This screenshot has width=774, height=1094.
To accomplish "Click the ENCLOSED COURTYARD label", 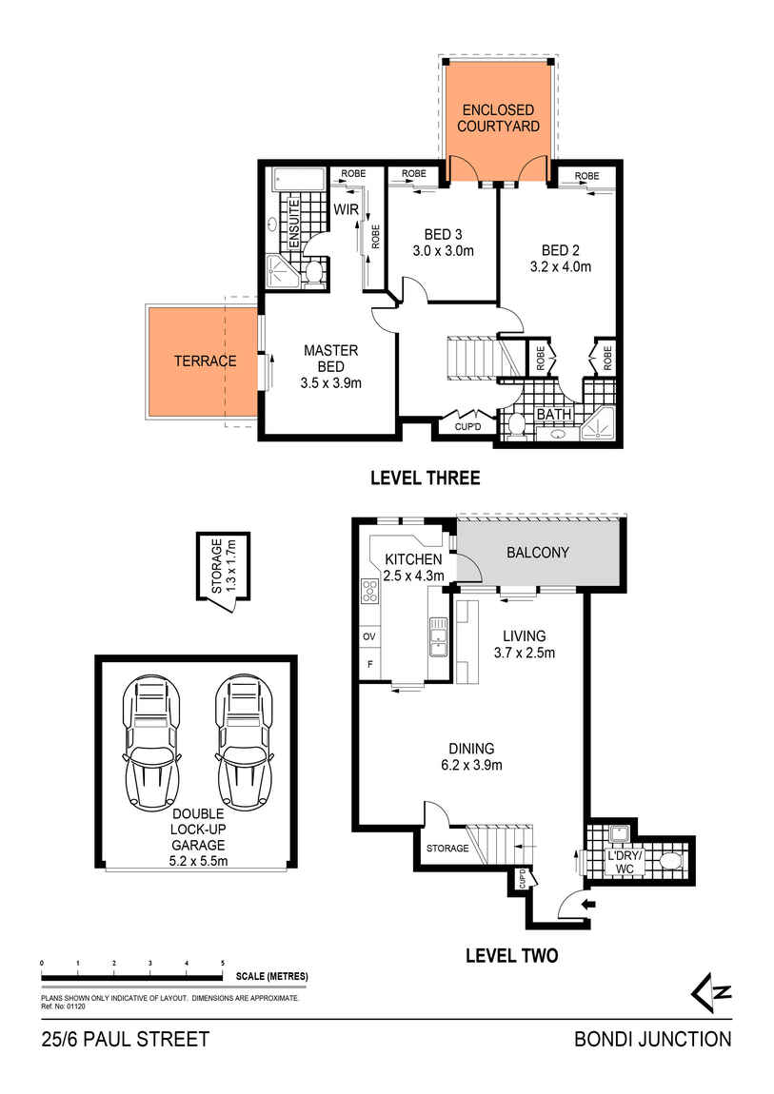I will (x=498, y=118).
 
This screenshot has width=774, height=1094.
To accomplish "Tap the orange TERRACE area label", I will (x=205, y=361).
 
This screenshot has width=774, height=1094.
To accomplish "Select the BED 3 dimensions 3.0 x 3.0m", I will (x=443, y=251).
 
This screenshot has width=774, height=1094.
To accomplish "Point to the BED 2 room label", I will (x=560, y=251).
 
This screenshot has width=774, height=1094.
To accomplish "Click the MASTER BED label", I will (x=330, y=351).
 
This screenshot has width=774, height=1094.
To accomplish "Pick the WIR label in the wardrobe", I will (x=345, y=208).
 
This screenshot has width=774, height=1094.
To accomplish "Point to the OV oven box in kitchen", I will (x=367, y=635).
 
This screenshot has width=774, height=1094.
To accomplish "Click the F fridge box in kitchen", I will (x=367, y=664).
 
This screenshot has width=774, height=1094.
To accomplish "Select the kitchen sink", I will (x=438, y=635).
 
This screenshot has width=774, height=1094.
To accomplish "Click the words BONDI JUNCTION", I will (x=653, y=1040).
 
